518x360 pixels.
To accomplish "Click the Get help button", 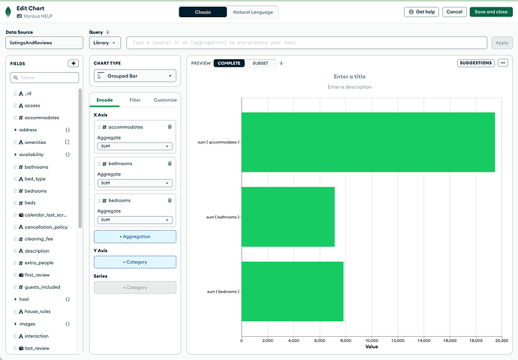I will (421, 12).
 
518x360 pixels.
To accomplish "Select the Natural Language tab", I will (252, 12).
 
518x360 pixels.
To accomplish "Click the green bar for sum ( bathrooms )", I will (288, 217).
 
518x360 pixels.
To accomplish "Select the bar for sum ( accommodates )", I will (368, 142).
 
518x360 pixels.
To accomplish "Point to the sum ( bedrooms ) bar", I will (292, 291).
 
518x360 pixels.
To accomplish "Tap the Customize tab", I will (165, 100).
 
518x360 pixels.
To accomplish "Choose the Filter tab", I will (135, 100).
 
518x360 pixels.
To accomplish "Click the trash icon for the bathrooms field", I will (170, 163).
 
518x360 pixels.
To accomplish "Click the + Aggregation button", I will (135, 236).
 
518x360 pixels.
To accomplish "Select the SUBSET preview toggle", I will (261, 63).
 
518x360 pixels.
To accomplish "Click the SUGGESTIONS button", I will (476, 63).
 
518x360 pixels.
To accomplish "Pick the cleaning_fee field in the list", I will (39, 238).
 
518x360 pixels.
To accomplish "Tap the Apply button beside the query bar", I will (501, 43).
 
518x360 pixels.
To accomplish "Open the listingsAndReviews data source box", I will (44, 43).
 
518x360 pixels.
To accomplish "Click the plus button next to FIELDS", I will (73, 64).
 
